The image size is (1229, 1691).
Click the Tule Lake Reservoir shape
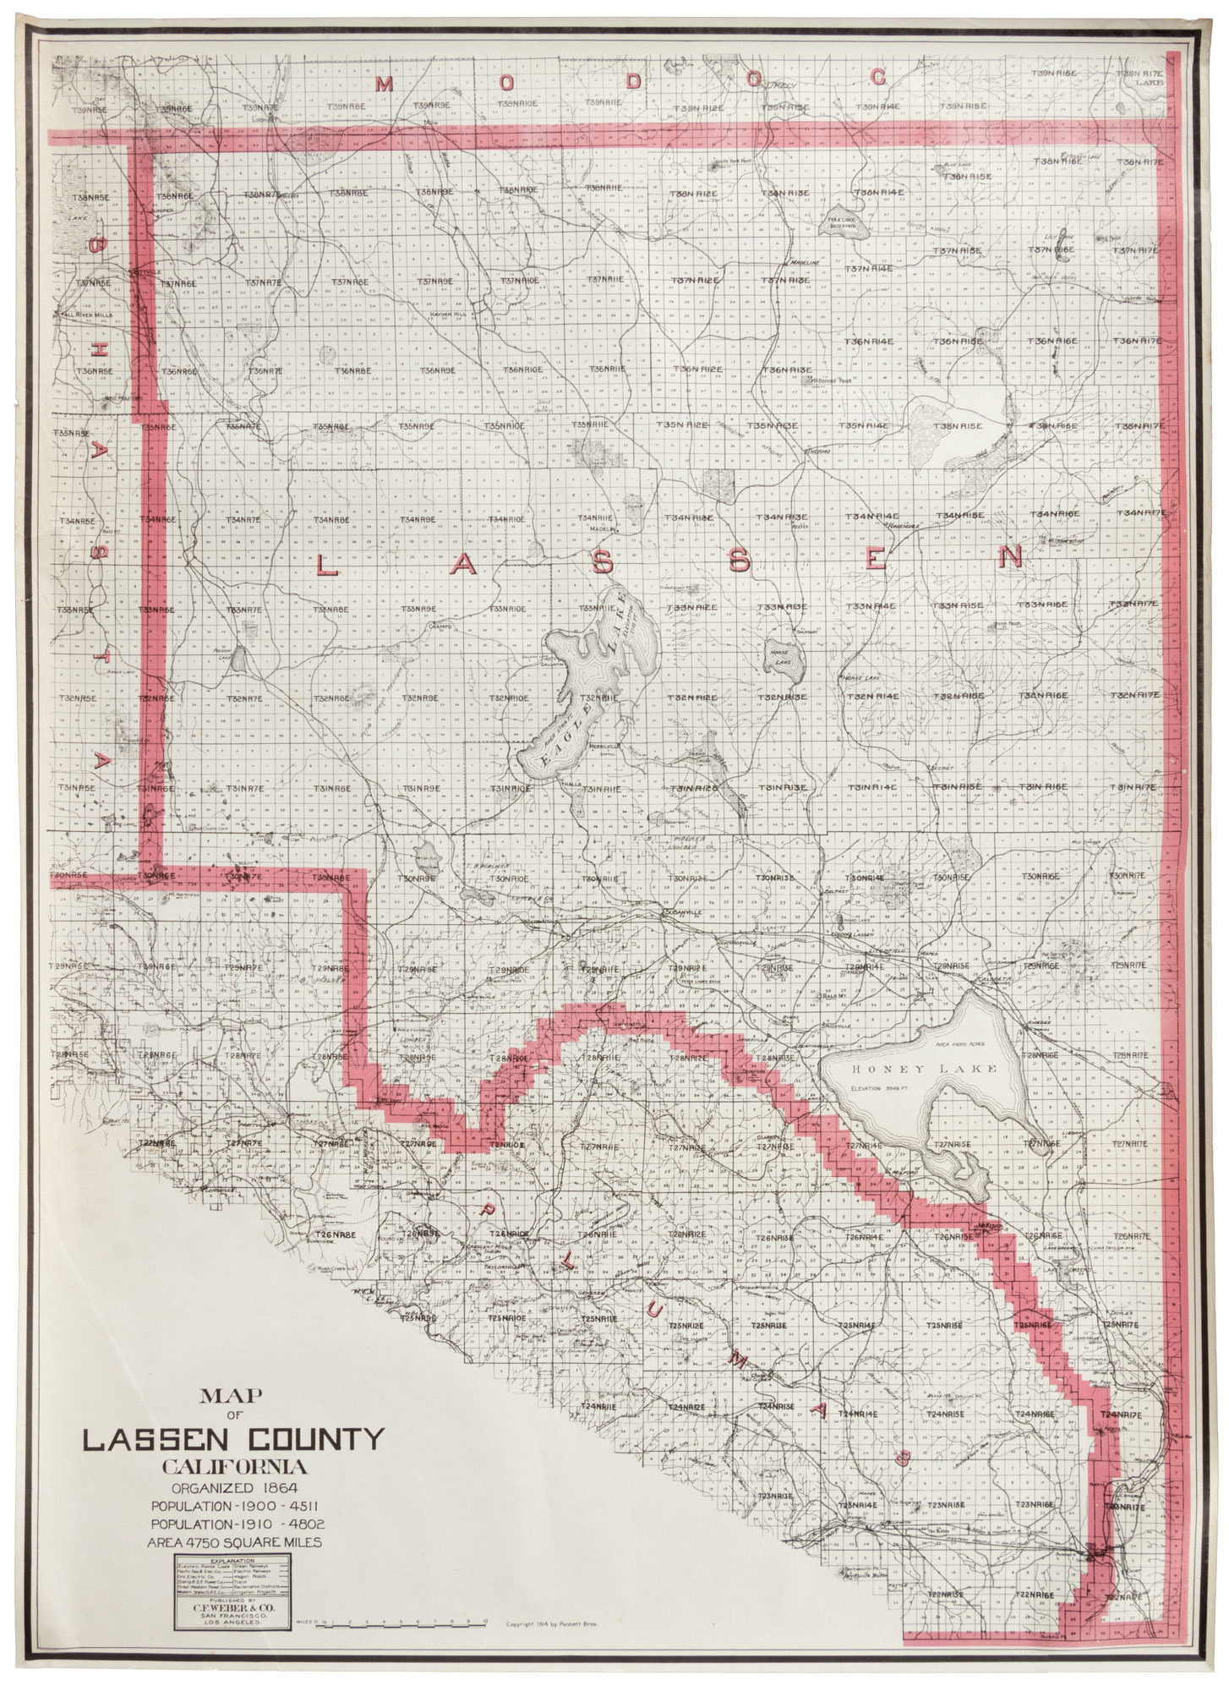coord(839,222)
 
